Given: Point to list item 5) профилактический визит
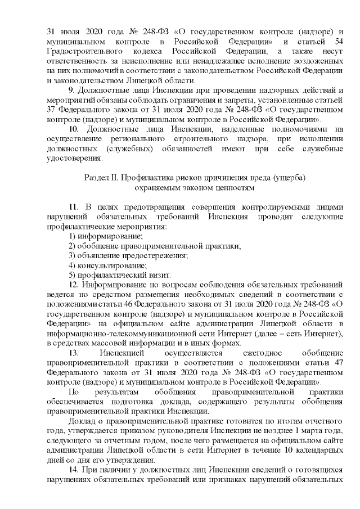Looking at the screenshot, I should [119, 275].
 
